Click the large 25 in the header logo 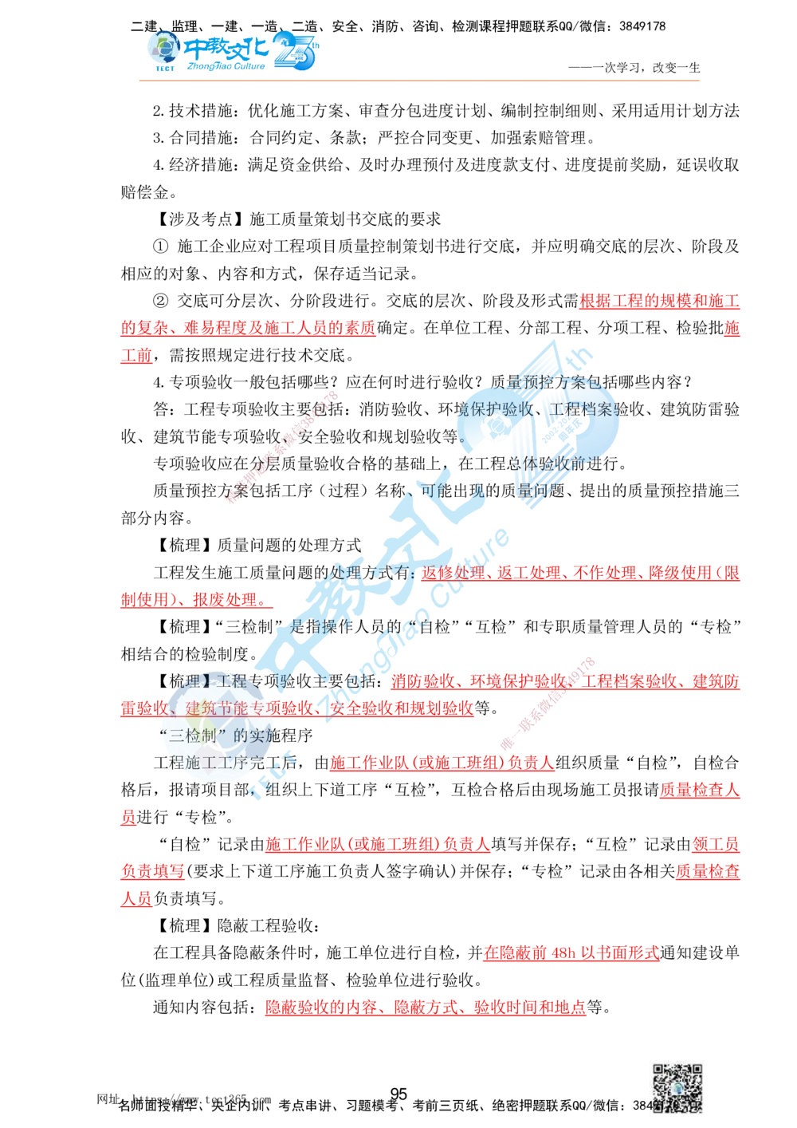click(296, 51)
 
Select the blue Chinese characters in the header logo click(228, 49)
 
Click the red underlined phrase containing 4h click(571, 952)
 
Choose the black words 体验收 click(558, 463)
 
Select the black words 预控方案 click(561, 382)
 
